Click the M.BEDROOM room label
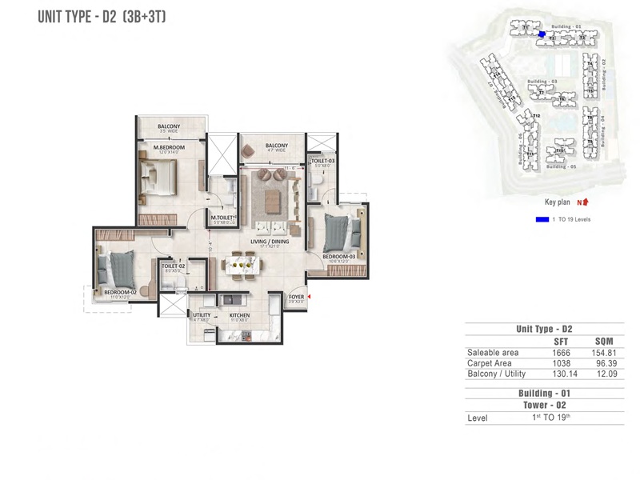(x=169, y=146)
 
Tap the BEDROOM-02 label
(x=121, y=292)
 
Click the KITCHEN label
(x=240, y=316)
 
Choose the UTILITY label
(x=201, y=316)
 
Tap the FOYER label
(x=296, y=297)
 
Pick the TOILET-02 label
(x=173, y=266)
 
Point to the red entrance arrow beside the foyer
(x=310, y=298)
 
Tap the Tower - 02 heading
(x=545, y=406)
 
